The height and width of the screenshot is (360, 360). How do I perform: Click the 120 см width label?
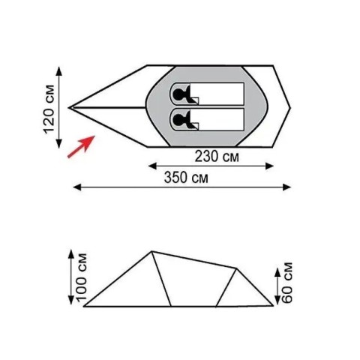click(49, 109)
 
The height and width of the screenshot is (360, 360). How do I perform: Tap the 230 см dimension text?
click(217, 157)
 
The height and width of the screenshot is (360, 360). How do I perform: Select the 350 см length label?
click(186, 178)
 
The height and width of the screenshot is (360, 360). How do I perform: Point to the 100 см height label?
click(82, 277)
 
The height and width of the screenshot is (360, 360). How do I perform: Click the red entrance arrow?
click(81, 146)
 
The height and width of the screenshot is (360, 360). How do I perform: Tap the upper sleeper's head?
click(178, 94)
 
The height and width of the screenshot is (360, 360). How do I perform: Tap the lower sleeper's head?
click(178, 119)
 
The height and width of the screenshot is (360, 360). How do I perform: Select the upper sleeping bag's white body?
click(217, 94)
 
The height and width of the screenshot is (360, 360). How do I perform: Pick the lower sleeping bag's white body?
click(217, 119)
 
